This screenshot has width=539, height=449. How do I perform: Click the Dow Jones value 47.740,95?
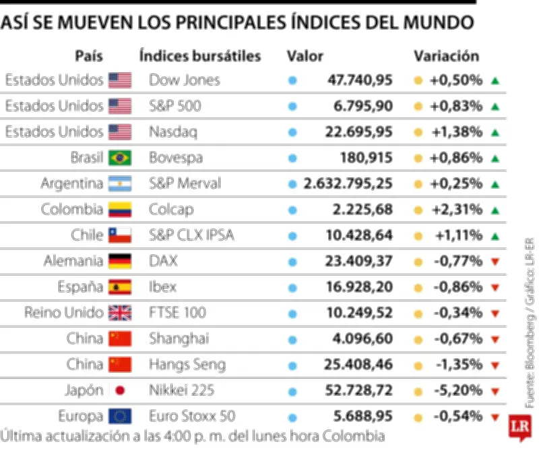(360, 80)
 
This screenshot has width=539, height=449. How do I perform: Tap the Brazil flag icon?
(120, 158)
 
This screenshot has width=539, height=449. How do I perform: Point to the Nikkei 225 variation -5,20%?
(457, 390)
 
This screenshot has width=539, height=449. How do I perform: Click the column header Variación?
(446, 56)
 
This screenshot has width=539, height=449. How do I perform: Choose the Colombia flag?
(120, 210)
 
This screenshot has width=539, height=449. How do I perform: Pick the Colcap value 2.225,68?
(362, 210)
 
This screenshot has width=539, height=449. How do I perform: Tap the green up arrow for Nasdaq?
(495, 132)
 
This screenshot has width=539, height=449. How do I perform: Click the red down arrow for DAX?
(495, 262)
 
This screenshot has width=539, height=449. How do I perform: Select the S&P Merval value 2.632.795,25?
(348, 184)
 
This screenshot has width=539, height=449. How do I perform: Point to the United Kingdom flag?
(120, 313)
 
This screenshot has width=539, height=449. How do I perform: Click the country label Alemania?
(73, 261)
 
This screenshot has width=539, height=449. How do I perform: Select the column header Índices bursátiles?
(199, 56)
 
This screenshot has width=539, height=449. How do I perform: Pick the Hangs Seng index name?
(187, 365)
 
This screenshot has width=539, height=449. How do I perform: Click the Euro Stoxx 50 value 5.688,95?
(362, 416)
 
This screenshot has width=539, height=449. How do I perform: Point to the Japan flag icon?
(120, 390)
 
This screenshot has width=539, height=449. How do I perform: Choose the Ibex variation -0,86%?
(457, 287)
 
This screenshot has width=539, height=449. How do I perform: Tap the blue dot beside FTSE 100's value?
(292, 313)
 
